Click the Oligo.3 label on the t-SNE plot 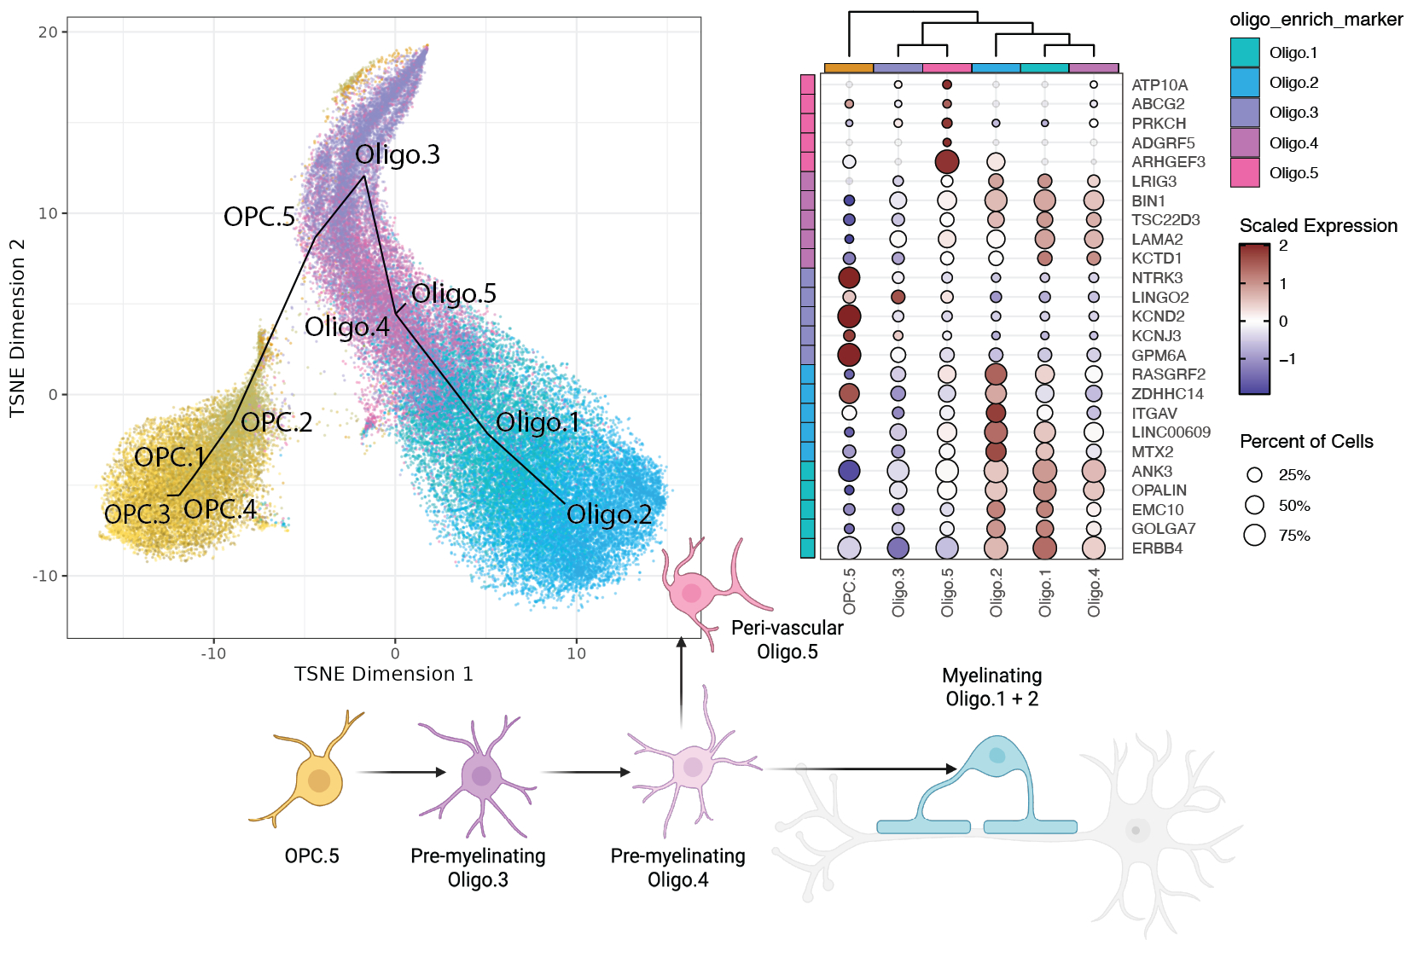(x=398, y=154)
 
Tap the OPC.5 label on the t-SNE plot (x=259, y=217)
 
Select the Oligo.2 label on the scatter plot (x=609, y=514)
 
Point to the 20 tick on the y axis (x=48, y=32)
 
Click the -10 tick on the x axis (x=213, y=653)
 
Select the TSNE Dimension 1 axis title (x=383, y=674)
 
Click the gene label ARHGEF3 (x=1168, y=162)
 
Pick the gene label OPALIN (x=1159, y=490)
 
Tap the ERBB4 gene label (x=1157, y=548)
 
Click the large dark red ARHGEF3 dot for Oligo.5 (x=947, y=161)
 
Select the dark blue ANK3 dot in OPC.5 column (x=849, y=471)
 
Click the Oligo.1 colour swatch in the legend (x=1245, y=52)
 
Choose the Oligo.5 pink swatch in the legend (x=1245, y=172)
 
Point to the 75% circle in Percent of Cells (x=1254, y=536)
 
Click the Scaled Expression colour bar (x=1254, y=319)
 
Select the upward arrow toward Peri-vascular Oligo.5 (x=681, y=682)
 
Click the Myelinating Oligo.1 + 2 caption (x=991, y=687)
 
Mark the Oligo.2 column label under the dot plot (x=997, y=592)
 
